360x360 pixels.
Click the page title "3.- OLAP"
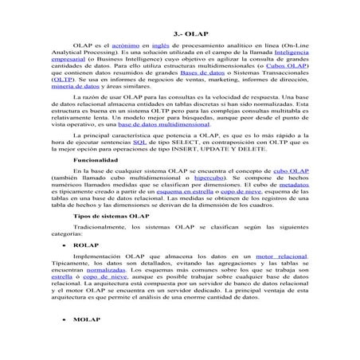(179, 37)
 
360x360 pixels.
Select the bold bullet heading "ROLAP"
(87, 268)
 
